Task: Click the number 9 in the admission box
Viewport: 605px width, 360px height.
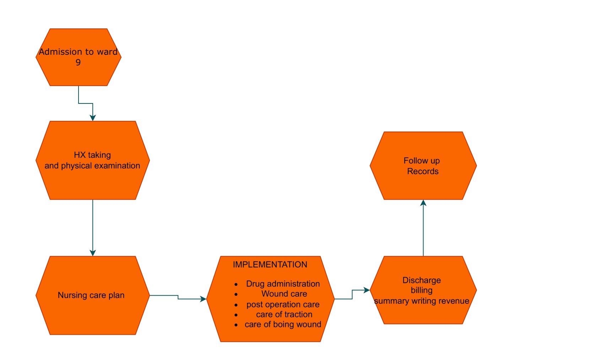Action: pos(78,63)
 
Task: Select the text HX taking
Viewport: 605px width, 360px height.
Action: pos(92,155)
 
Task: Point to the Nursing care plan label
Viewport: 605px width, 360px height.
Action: pos(91,295)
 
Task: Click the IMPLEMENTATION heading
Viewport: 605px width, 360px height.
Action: pos(270,265)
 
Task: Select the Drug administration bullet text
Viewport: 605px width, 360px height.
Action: pos(283,284)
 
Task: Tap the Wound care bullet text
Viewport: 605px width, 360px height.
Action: pos(284,294)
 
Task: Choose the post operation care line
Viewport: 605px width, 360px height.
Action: pos(283,305)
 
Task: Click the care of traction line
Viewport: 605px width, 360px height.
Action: pos(284,314)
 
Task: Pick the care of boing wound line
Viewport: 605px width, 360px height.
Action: pos(283,324)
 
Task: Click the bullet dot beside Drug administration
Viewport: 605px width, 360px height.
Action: pos(236,284)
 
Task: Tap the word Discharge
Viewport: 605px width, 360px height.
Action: pos(422,280)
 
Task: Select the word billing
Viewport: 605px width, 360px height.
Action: pos(422,290)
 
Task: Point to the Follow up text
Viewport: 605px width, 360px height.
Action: pos(422,161)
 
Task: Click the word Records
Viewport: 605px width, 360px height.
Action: pos(423,171)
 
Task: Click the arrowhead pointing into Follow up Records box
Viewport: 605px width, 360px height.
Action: pos(423,203)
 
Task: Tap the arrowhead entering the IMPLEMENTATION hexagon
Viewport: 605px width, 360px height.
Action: pos(203,299)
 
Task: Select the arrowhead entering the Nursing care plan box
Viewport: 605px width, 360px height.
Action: pos(93,253)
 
